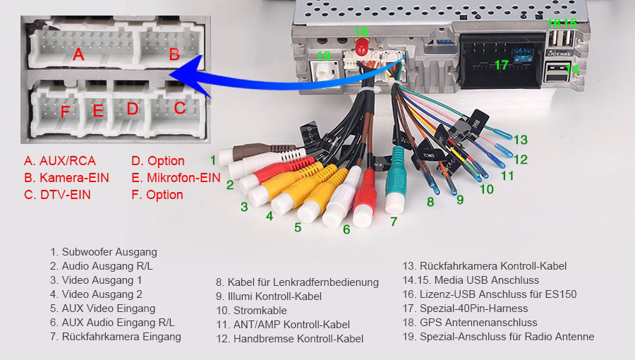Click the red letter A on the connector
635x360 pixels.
(78, 54)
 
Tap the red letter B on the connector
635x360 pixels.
(174, 54)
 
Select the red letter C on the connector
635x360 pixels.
(180, 108)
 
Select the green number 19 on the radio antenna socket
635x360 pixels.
(324, 56)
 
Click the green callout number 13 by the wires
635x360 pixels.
(520, 139)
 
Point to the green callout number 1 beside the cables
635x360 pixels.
(212, 160)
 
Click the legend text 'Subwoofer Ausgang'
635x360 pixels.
(109, 252)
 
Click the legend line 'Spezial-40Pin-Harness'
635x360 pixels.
(472, 308)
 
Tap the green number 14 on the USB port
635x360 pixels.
(572, 68)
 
